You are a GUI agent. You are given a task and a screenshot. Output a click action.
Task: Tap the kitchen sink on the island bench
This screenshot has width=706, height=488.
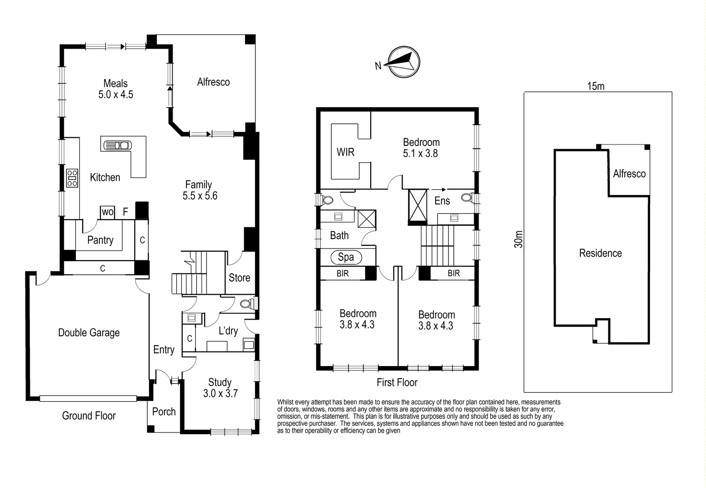118,145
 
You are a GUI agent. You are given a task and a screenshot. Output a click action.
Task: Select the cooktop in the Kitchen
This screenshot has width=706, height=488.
72,178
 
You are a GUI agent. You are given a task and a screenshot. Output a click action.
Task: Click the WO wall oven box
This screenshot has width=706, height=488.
107,212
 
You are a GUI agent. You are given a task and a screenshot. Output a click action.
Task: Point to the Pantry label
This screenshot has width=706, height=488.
100,240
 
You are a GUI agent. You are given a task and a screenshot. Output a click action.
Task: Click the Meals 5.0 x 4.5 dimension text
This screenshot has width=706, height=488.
116,95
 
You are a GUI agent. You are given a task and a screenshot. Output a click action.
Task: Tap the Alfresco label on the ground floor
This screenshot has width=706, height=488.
213,82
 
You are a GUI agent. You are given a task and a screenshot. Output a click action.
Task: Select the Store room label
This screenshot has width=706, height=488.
239,278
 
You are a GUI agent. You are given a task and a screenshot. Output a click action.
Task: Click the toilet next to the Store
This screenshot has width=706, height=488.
247,303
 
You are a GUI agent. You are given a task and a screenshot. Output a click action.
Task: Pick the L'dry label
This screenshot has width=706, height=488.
228,331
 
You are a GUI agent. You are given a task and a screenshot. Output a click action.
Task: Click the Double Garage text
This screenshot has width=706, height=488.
89,333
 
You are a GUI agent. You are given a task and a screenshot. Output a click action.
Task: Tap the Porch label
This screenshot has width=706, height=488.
164,412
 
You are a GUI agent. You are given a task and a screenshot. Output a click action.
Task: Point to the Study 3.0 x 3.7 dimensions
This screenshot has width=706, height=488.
220,394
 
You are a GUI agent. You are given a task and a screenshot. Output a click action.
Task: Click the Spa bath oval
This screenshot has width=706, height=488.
346,257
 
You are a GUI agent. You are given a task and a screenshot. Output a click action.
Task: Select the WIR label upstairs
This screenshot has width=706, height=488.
345,152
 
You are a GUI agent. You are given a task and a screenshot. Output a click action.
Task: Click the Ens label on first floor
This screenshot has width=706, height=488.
442,201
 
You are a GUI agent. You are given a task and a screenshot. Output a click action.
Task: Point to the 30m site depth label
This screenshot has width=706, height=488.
518,239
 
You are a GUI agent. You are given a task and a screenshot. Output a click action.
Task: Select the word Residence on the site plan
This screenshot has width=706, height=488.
600,253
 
